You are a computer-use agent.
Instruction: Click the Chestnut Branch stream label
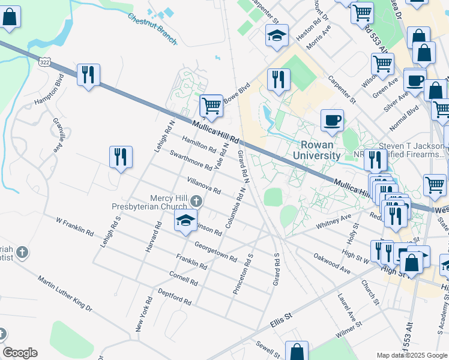tap(152, 28)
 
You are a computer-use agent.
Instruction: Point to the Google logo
tap(19, 353)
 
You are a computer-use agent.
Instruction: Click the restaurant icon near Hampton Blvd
tap(88, 75)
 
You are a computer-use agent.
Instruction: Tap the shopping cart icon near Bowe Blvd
tap(211, 106)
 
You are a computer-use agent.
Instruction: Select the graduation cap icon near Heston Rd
tap(277, 35)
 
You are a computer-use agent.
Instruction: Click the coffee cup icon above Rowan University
tap(332, 121)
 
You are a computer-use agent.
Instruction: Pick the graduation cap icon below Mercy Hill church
tap(186, 220)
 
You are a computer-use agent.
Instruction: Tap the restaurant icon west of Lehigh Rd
tap(121, 157)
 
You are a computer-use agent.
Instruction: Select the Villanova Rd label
tap(203, 185)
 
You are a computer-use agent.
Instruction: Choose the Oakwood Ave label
tap(331, 263)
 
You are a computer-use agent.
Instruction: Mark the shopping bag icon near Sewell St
tap(297, 352)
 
